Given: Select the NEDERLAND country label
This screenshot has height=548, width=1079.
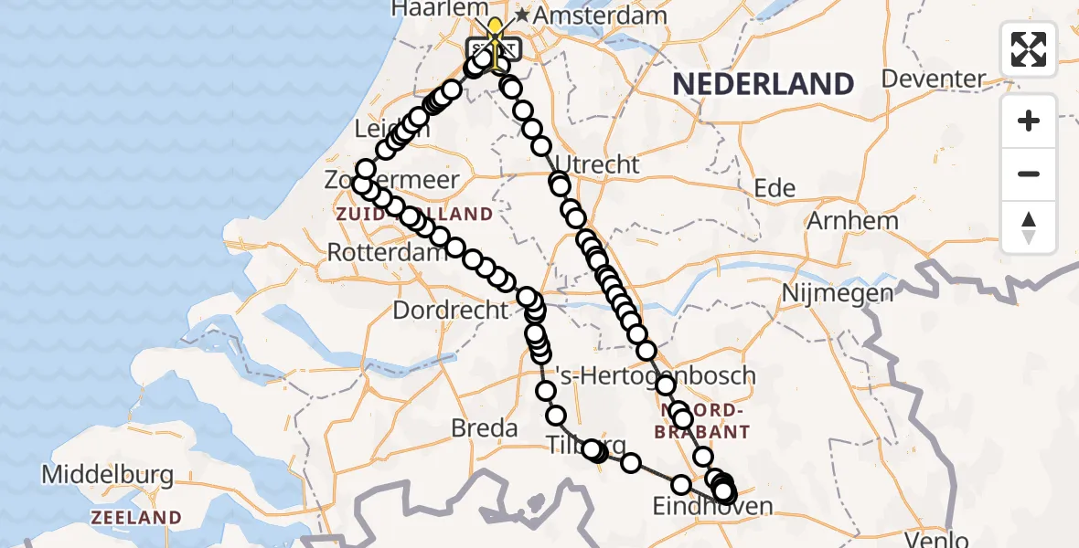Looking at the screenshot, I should click(x=764, y=85).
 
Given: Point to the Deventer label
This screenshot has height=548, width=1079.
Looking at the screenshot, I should click(x=960, y=79).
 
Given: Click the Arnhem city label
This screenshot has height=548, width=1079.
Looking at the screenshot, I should click(x=852, y=220).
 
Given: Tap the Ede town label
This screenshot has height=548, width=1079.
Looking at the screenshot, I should click(x=774, y=188).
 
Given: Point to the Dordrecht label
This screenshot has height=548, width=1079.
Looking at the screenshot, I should click(x=450, y=311).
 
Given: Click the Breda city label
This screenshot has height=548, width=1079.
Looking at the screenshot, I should click(x=485, y=427).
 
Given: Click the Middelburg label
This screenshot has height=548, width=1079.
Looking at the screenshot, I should click(x=108, y=475).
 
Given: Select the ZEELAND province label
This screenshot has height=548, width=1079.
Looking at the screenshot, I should click(x=135, y=518).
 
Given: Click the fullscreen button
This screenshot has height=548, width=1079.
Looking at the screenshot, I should click(x=1029, y=49).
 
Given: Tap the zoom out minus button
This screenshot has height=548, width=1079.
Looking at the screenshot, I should click(x=1029, y=174).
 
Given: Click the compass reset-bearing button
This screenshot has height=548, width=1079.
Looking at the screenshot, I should click(x=1029, y=227).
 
